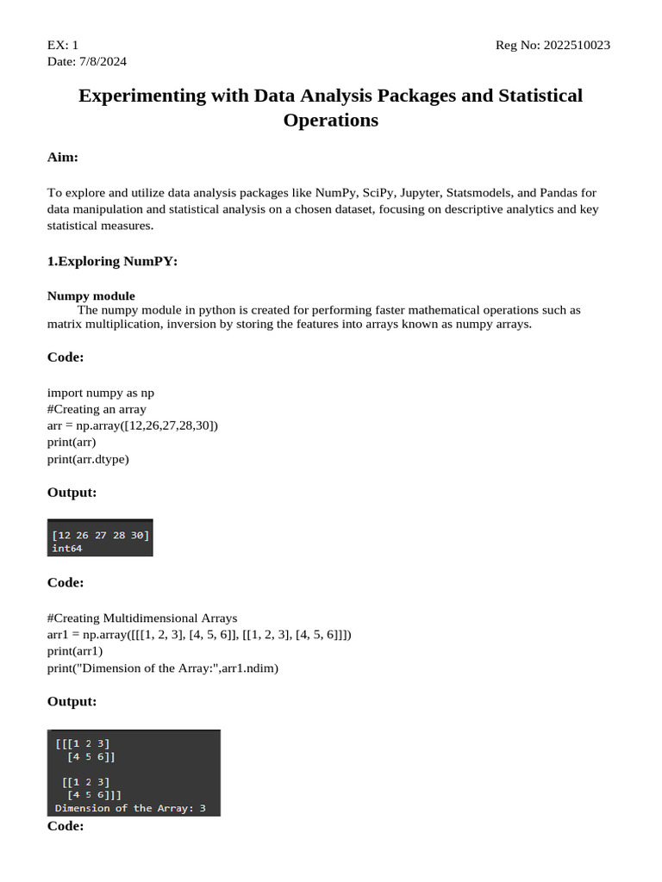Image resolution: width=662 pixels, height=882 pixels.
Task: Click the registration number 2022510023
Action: click(x=577, y=46)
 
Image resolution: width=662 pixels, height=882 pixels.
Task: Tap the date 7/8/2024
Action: click(x=102, y=62)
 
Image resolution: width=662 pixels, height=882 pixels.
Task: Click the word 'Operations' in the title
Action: click(x=331, y=121)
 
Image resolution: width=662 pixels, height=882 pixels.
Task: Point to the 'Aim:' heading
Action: click(x=63, y=158)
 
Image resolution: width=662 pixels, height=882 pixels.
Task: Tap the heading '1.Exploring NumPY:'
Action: click(x=112, y=262)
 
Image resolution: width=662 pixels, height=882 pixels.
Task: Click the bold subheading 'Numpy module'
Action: click(x=91, y=295)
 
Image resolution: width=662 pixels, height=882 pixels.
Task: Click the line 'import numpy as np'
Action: click(x=101, y=393)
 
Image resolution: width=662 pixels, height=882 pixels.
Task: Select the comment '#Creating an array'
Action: click(x=97, y=409)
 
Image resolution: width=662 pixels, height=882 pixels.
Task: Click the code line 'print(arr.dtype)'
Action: click(x=88, y=459)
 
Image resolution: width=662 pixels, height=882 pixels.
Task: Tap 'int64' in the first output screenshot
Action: click(x=67, y=548)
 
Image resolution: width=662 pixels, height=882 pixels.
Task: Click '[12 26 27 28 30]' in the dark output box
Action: click(x=100, y=535)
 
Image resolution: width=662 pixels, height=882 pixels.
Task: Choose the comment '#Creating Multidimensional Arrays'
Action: click(x=142, y=618)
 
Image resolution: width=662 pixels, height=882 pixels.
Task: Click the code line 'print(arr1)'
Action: click(x=75, y=651)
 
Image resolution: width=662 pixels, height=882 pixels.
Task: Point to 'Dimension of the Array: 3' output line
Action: click(x=136, y=809)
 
